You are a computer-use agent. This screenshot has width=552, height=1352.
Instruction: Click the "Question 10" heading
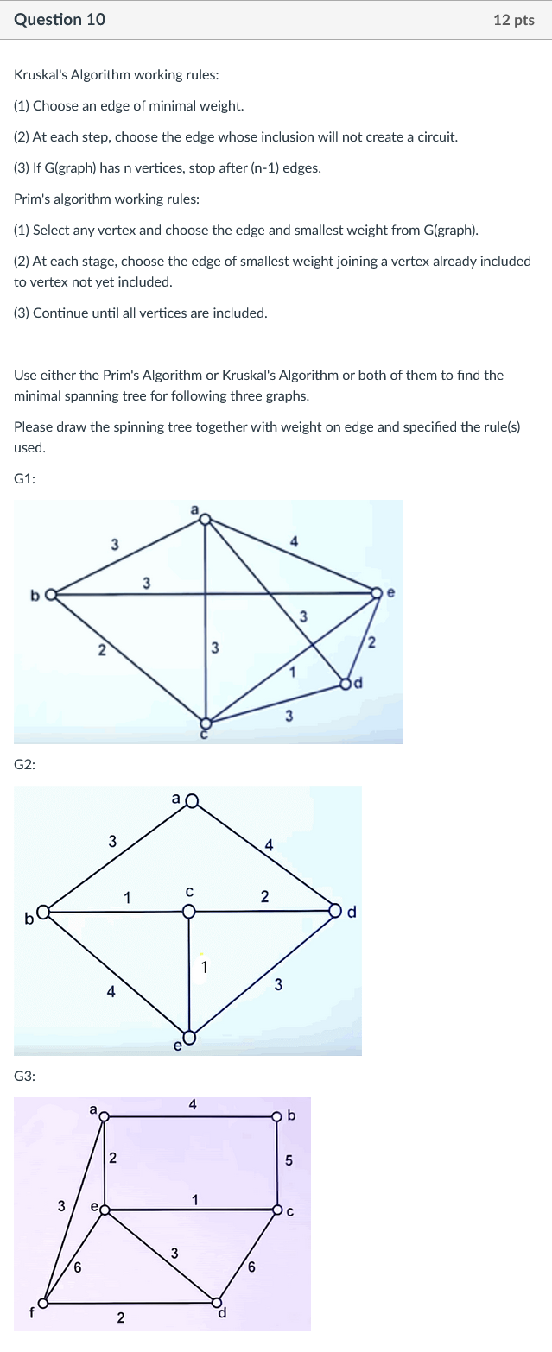(60, 19)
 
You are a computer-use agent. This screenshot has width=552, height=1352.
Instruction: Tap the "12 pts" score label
(514, 20)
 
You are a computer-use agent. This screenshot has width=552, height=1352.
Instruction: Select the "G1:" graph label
(25, 478)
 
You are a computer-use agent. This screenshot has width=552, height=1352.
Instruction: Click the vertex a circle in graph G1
(205, 519)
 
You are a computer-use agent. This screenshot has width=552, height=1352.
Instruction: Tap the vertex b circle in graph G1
(50, 594)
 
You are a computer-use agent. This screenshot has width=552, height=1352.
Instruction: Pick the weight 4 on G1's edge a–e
(294, 541)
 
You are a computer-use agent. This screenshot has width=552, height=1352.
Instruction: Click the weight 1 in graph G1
(292, 672)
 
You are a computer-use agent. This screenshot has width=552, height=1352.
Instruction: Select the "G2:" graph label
(25, 764)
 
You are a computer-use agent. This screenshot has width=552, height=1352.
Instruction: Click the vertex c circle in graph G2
(189, 910)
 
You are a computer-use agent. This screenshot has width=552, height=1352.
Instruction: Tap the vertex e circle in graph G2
(190, 1037)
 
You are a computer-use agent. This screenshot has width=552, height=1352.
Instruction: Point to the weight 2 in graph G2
(264, 897)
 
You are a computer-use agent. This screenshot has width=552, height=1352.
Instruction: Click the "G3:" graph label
(25, 1076)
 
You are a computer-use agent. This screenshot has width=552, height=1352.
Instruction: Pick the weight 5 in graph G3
(289, 1160)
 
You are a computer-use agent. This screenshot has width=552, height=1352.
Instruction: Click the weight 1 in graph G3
(195, 1198)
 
